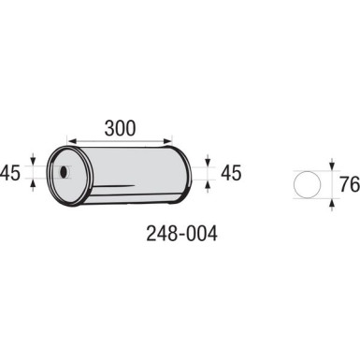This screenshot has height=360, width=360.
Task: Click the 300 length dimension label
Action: point(120,128)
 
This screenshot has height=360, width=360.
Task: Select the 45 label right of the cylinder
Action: point(231,173)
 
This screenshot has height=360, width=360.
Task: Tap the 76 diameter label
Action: point(350,184)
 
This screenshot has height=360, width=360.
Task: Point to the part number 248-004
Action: point(181,234)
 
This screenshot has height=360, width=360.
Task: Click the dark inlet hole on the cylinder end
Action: point(64,172)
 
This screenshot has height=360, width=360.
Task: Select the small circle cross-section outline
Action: point(307,184)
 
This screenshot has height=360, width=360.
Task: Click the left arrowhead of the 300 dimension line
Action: point(72,140)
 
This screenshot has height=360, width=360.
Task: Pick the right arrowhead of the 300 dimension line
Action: point(167,140)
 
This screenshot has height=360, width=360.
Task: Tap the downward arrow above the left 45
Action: point(33,159)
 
